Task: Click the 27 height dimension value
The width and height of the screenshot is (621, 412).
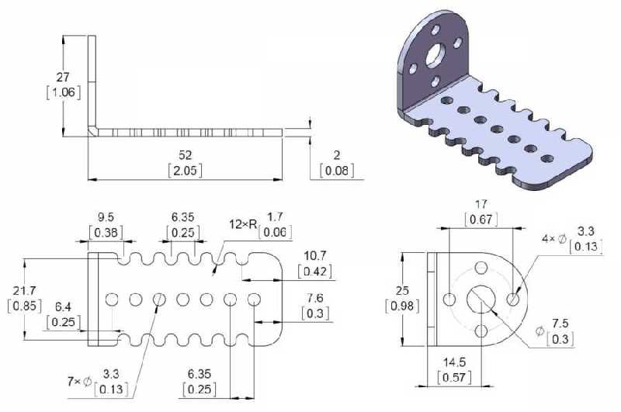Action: pyautogui.click(x=64, y=78)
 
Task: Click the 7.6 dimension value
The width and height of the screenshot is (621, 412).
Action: pyautogui.click(x=315, y=299)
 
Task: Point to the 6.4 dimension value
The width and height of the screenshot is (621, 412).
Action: pyautogui.click(x=64, y=308)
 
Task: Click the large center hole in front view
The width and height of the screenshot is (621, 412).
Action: pyautogui.click(x=482, y=299)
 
